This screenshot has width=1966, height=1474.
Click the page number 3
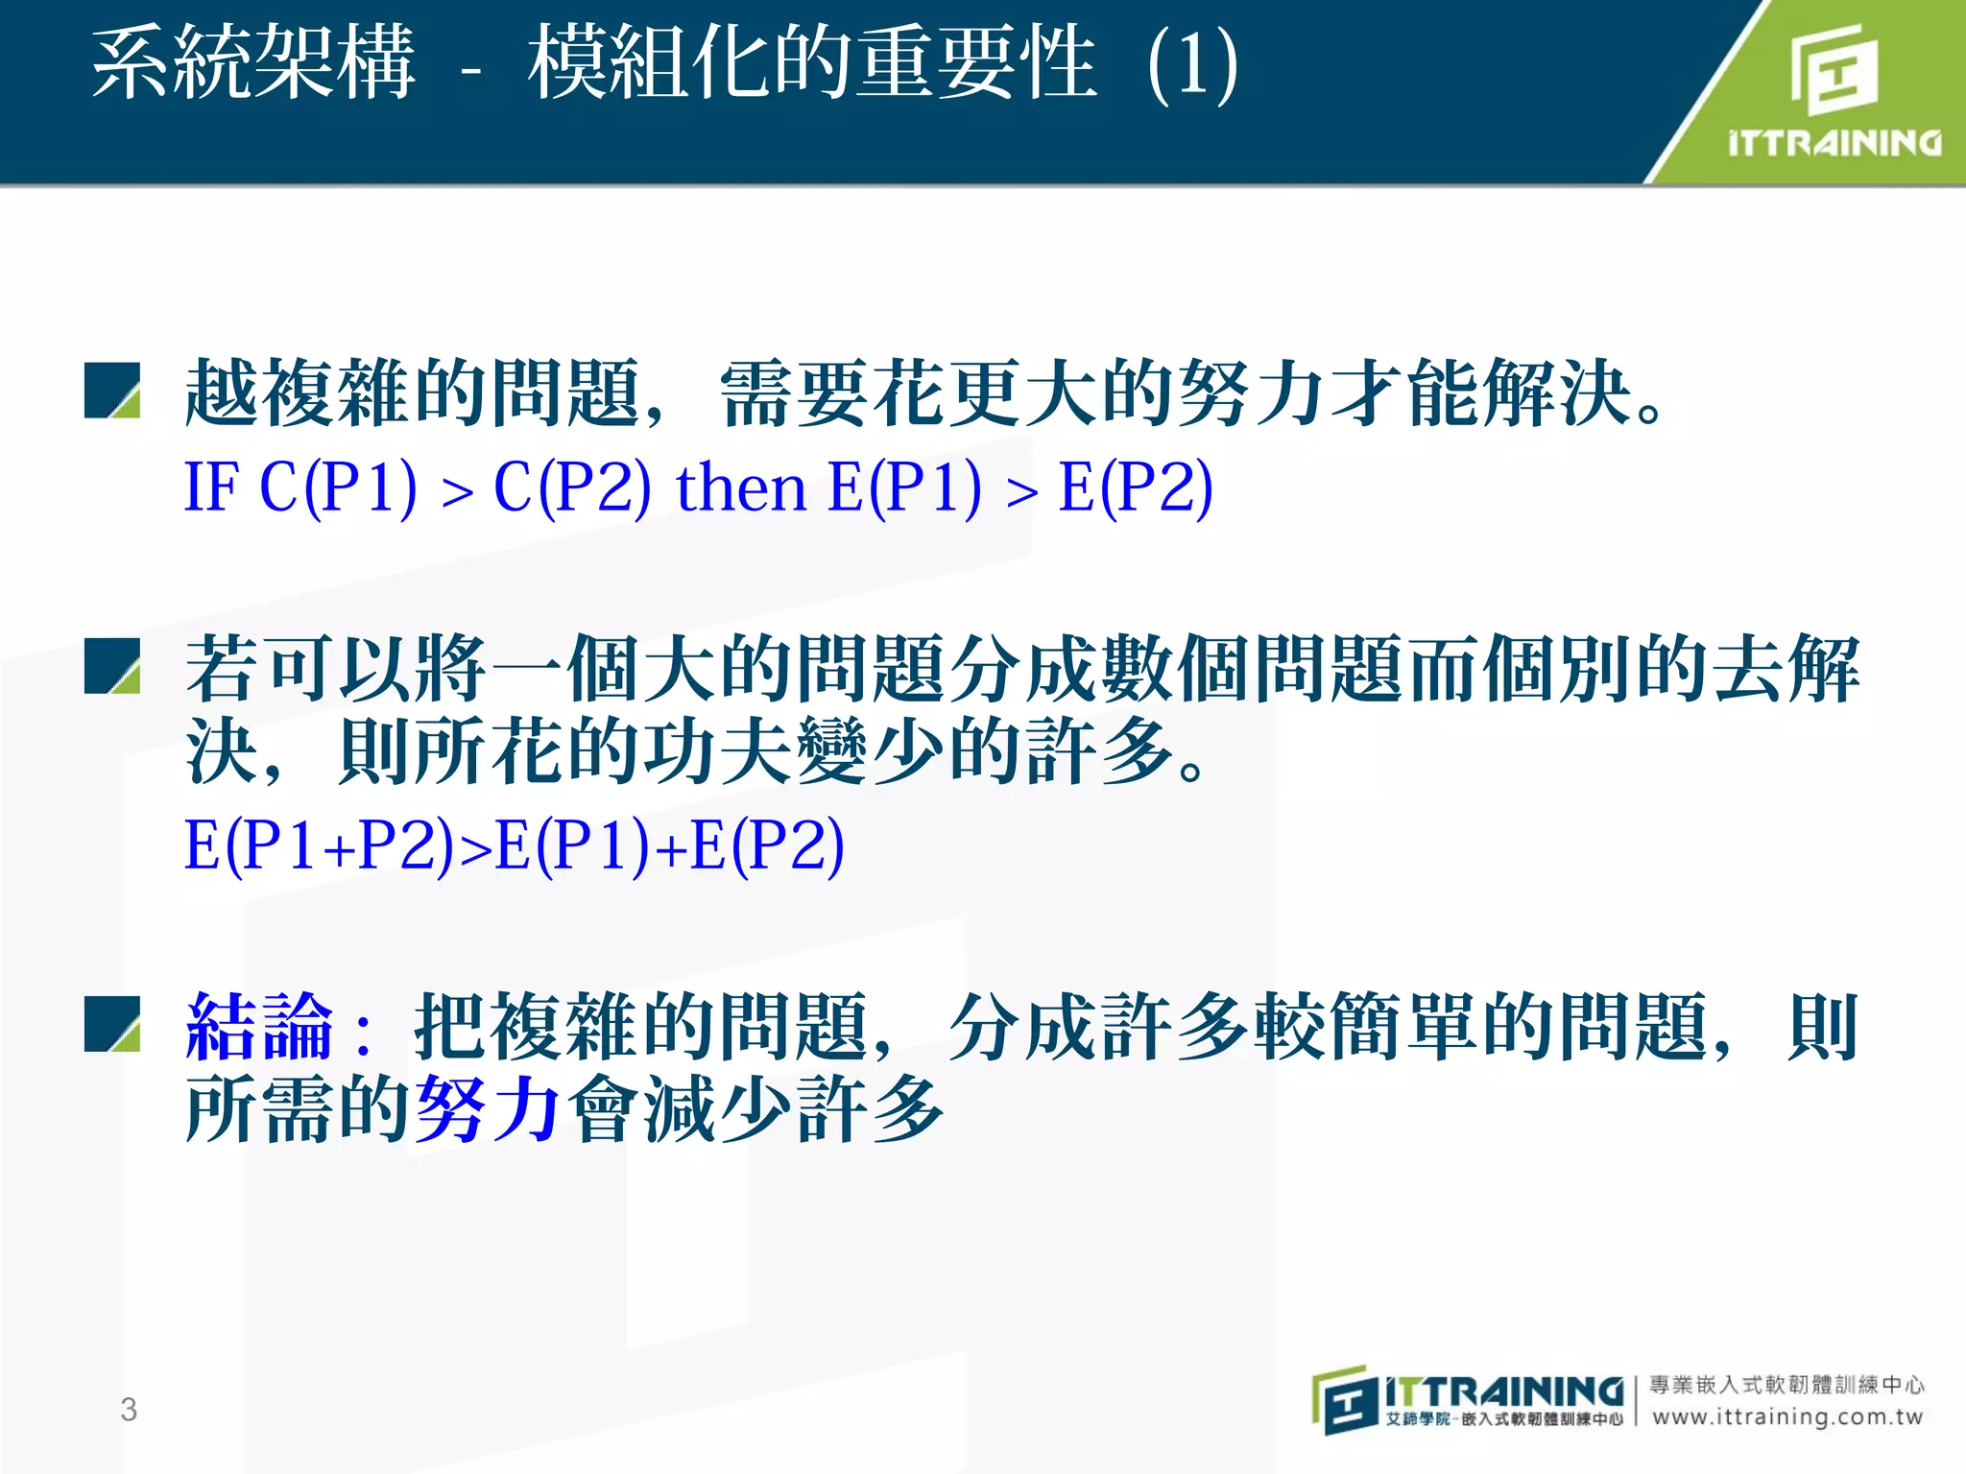pyautogui.click(x=129, y=1410)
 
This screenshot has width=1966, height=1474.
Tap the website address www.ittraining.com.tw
pyautogui.click(x=1787, y=1417)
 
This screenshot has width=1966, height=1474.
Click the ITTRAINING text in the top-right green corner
pyautogui.click(x=1834, y=143)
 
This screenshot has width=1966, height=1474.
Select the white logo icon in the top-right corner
pyautogui.click(x=1834, y=69)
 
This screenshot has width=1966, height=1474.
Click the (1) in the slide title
pyautogui.click(x=1192, y=65)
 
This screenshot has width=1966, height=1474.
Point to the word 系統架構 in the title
pyautogui.click(x=253, y=63)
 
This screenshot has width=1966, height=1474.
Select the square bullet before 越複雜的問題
pyautogui.click(x=112, y=391)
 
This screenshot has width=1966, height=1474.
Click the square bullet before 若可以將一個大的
pyautogui.click(x=112, y=666)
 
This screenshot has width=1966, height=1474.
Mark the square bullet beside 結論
pyautogui.click(x=112, y=1024)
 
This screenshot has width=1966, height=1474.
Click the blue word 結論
pyautogui.click(x=259, y=1027)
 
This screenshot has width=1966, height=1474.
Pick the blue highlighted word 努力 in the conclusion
pyautogui.click(x=489, y=1108)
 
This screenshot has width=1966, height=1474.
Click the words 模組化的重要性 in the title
pyautogui.click(x=812, y=63)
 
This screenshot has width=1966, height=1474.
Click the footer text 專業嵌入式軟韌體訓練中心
pyautogui.click(x=1786, y=1384)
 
